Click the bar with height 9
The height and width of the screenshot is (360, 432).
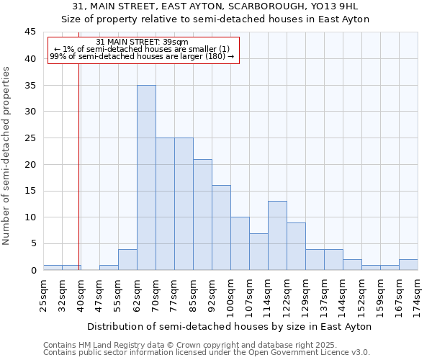[x=296, y=246]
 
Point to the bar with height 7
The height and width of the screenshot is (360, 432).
[x=258, y=251]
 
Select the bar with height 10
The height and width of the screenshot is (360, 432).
[x=240, y=243]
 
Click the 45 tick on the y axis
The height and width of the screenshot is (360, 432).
[x=30, y=32]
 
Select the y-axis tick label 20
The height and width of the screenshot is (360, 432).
[x=30, y=165]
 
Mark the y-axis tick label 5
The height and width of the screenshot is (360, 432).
[x=32, y=244]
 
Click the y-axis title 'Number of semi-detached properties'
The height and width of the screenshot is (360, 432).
[x=7, y=156]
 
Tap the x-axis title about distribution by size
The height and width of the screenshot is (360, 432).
[x=231, y=326]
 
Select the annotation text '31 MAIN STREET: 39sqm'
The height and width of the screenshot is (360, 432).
[x=142, y=42]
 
